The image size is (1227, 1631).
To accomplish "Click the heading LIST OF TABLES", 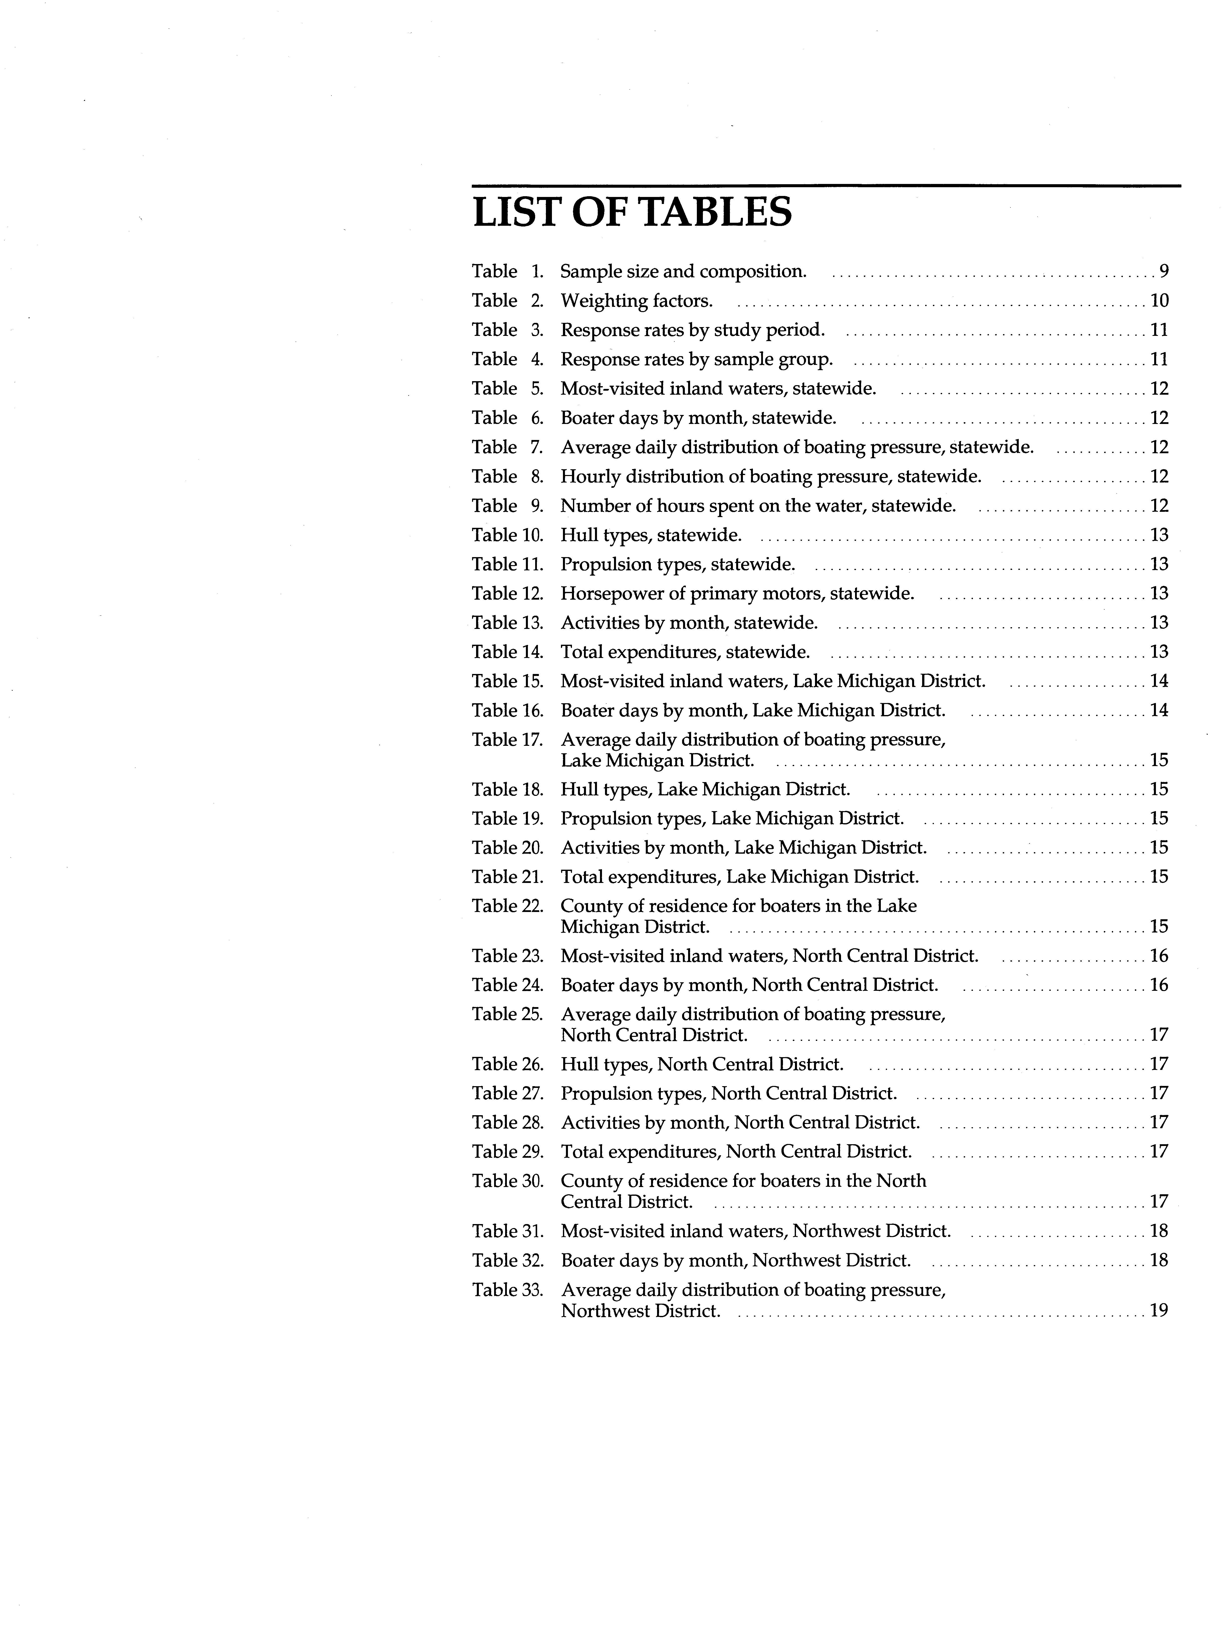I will (632, 212).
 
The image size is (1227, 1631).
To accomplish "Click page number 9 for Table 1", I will (1164, 271).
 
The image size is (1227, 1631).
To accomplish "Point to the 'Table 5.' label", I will (507, 389).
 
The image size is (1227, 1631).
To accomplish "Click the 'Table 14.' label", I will (507, 652).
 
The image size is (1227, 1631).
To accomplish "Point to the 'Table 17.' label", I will (507, 740).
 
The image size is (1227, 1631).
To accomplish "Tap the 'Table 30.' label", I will (507, 1181).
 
